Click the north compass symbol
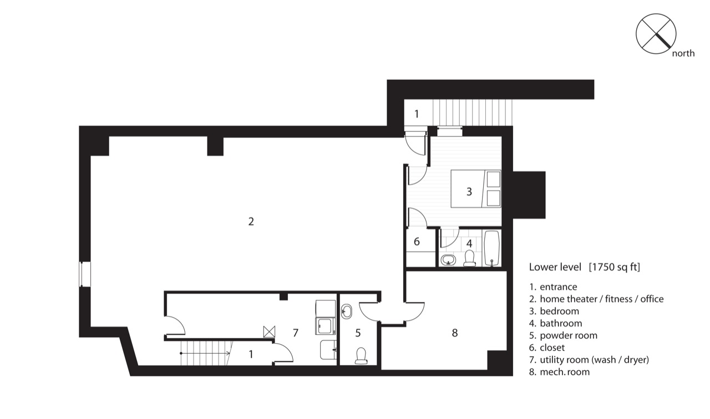(656, 34)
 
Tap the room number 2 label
(251, 221)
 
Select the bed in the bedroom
(476, 189)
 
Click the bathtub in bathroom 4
(491, 248)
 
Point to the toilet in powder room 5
(361, 356)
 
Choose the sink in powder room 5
(347, 311)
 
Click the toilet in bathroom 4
(469, 258)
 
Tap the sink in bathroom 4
(448, 260)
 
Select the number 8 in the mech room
(454, 333)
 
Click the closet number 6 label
(417, 242)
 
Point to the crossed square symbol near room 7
(269, 331)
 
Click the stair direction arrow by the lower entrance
(205, 353)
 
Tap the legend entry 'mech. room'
(565, 372)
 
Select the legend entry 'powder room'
(569, 335)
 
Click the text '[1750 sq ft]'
(614, 267)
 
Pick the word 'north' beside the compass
(683, 53)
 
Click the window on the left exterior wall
(85, 274)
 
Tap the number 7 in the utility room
(296, 333)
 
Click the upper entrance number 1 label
(417, 114)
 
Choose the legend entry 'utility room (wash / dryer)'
(594, 360)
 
